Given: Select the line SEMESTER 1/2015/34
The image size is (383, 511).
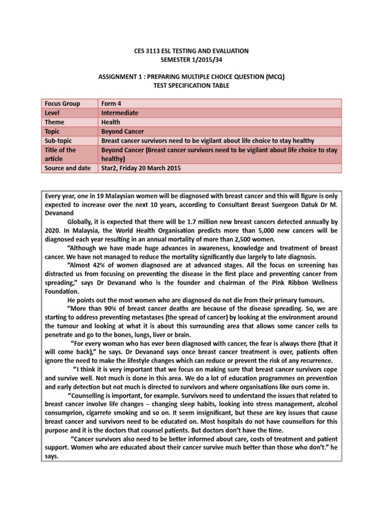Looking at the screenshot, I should tap(191, 60).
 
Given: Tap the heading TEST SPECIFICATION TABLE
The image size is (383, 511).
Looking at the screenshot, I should tap(191, 85).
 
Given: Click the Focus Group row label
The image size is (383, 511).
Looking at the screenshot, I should tap(62, 104).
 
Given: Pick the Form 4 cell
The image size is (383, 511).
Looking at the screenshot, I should tap(112, 104).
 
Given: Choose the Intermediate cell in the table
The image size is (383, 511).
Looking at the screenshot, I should tap(120, 113).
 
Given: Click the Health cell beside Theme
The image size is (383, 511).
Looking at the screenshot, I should tap(112, 122).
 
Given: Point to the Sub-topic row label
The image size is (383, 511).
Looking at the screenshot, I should tap(59, 141).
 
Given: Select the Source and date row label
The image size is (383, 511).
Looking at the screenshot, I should tap(68, 168).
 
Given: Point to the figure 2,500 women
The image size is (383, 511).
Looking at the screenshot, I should tap(271, 240).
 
